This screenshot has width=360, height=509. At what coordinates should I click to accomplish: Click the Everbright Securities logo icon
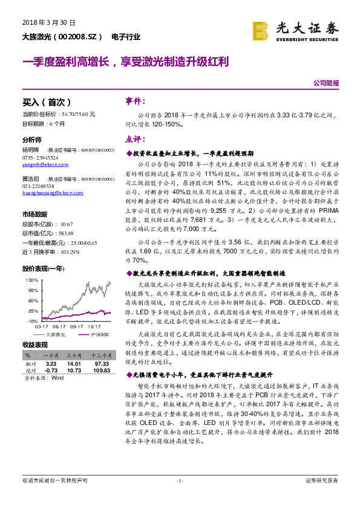click(261, 30)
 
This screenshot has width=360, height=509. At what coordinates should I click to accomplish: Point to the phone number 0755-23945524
click(40, 157)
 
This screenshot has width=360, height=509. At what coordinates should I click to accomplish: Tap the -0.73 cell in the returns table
click(51, 371)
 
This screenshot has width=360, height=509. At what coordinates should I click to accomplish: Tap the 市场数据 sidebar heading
click(34, 214)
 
